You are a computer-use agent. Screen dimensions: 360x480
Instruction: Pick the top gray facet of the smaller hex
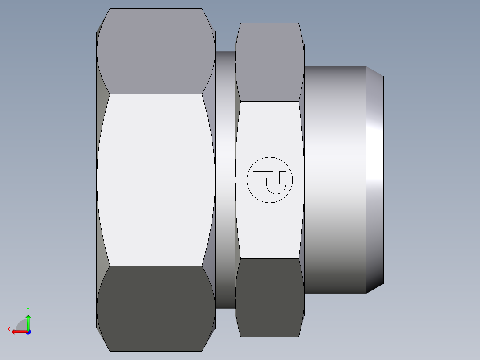[269, 62]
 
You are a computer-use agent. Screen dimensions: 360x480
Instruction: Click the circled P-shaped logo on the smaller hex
[270, 180]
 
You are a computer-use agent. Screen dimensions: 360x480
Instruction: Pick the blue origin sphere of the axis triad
[28, 331]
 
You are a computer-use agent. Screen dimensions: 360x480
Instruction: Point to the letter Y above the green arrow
[28, 309]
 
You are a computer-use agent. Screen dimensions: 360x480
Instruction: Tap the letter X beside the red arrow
[8, 330]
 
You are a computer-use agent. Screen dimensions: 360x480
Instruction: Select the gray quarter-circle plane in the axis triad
[22, 325]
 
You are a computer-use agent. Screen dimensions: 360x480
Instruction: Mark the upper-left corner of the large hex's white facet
[110, 94]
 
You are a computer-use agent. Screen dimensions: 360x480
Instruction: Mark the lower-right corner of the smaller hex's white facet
[299, 258]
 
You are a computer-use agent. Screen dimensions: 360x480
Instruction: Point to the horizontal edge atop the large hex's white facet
[156, 94]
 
